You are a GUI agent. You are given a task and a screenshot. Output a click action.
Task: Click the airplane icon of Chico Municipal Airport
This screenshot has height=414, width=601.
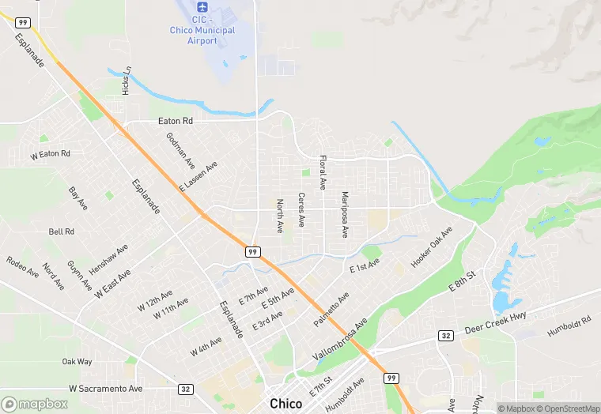click(202, 6)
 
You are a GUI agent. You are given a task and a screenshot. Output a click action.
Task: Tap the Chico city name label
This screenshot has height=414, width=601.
click(285, 404)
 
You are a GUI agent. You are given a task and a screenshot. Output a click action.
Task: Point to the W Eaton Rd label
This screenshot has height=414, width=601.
click(51, 153)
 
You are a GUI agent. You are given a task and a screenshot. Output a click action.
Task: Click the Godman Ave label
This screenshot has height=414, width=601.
click(180, 150)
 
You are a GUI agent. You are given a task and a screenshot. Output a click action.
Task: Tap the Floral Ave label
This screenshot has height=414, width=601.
click(323, 172)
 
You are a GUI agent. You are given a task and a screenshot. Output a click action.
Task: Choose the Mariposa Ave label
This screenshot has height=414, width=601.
click(345, 214)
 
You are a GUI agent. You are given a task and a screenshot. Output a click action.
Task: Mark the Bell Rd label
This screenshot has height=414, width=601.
click(61, 231)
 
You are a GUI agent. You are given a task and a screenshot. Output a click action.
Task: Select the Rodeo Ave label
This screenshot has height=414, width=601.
click(22, 267)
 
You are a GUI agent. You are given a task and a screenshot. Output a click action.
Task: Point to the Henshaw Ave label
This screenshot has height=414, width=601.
click(108, 259)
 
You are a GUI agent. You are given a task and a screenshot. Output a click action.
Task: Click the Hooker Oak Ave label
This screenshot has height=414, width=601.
click(431, 247)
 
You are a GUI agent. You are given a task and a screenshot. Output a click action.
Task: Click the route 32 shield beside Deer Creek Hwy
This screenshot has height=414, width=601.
click(447, 336)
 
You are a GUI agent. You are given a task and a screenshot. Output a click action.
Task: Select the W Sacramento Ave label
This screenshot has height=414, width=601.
click(106, 389)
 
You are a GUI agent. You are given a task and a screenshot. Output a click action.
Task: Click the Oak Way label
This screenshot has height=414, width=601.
click(77, 362)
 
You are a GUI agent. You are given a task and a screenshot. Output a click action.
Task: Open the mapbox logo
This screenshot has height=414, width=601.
click(36, 404)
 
